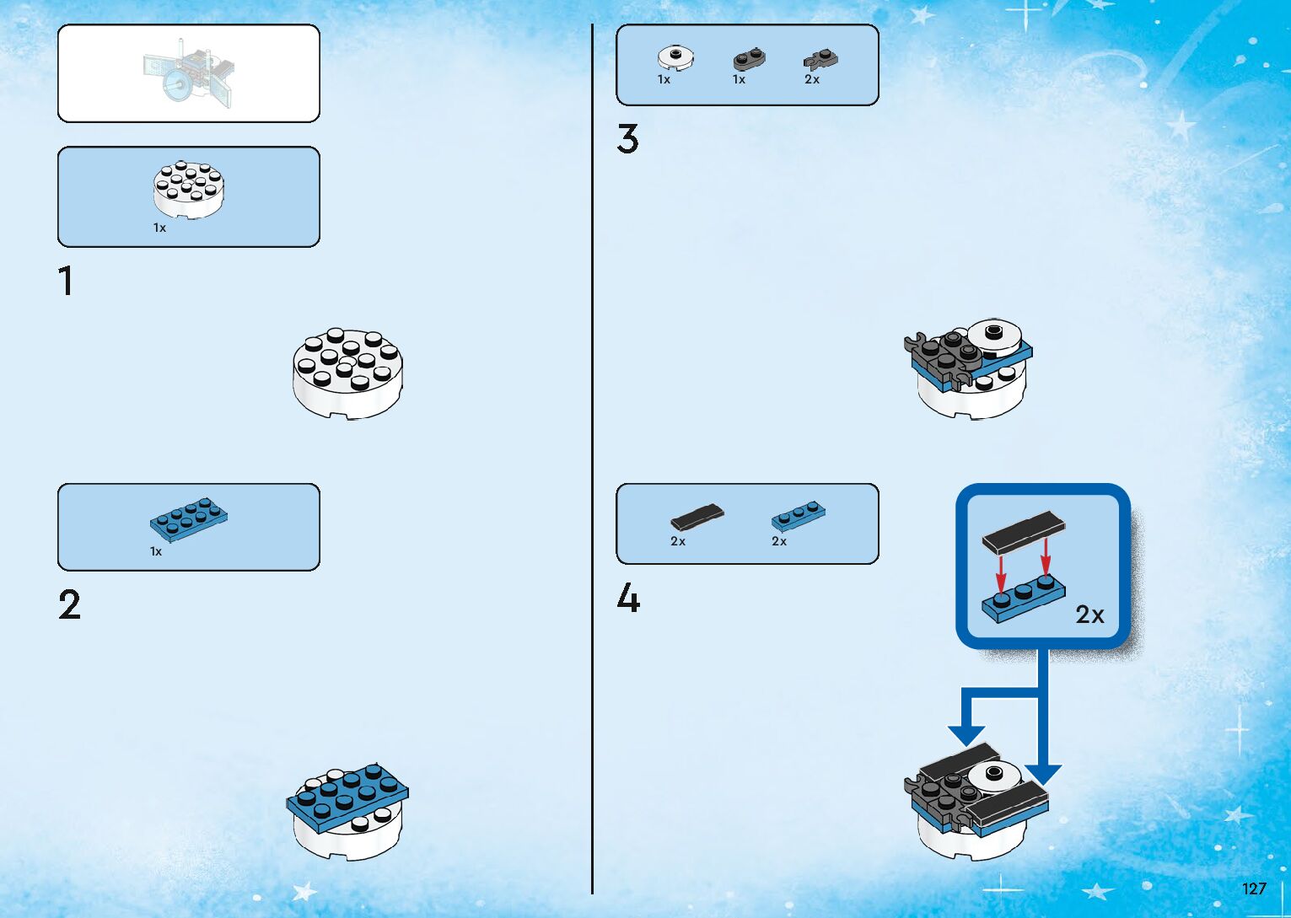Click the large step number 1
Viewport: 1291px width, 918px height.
tap(66, 281)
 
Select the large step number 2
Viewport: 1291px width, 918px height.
tap(69, 604)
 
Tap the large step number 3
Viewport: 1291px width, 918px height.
tap(627, 139)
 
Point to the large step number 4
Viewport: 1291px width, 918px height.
tap(628, 599)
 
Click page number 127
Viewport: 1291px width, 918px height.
tap(1254, 888)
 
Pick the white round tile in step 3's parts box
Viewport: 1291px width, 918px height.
tap(675, 57)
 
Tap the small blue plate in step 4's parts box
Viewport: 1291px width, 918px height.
tap(798, 515)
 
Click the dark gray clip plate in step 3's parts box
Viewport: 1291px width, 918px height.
tap(820, 59)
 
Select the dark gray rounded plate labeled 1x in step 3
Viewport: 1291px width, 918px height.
tap(749, 59)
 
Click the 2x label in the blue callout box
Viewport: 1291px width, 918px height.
tap(1089, 615)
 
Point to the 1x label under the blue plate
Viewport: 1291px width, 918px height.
tap(156, 551)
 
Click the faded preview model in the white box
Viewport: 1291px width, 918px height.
tap(189, 73)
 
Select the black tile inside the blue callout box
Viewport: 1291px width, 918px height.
tap(1023, 531)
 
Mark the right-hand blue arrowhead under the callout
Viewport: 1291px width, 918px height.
tap(1043, 774)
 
